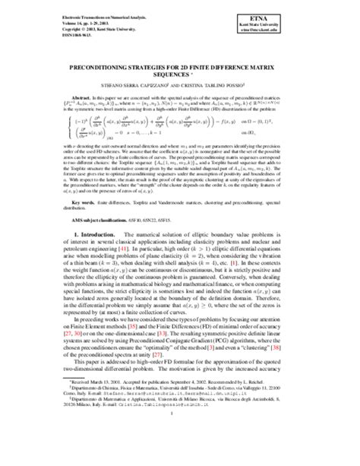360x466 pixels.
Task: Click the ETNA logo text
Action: click(x=327, y=15)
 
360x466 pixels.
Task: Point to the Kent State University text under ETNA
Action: click(x=327, y=22)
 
